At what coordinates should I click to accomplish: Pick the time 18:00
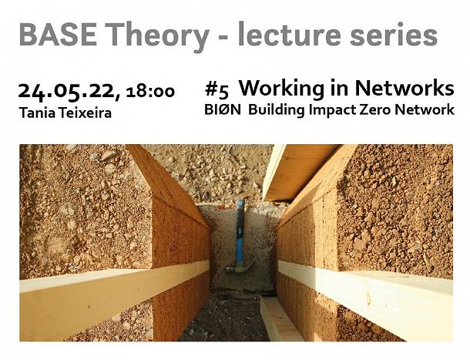click(x=150, y=91)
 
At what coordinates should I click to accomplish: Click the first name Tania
click(x=38, y=113)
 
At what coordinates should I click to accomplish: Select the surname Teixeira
click(x=85, y=113)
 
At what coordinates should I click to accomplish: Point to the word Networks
click(x=405, y=89)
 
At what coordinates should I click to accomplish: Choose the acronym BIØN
click(x=223, y=110)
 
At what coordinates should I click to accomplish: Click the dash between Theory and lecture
click(x=223, y=37)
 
